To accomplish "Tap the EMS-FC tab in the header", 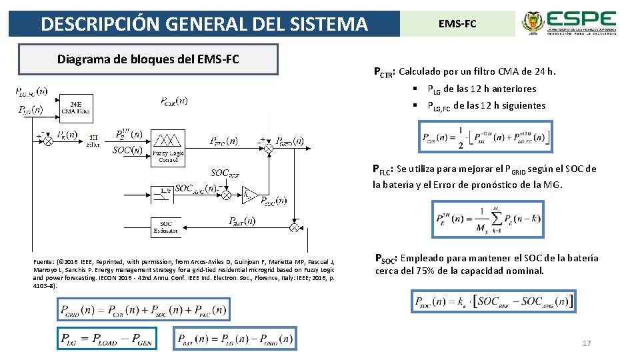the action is click(x=457, y=24).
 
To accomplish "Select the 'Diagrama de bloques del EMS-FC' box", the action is click(x=148, y=59).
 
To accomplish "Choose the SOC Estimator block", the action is click(x=167, y=227).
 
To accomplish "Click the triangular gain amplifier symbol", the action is click(x=250, y=194).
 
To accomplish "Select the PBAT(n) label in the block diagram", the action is click(x=241, y=221).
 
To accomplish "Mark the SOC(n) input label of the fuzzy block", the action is click(x=127, y=150).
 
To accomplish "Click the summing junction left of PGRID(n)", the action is click(x=268, y=148).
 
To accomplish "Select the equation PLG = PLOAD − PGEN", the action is click(x=111, y=339).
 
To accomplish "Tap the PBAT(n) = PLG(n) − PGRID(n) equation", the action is click(x=235, y=339).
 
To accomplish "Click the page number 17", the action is click(x=587, y=343).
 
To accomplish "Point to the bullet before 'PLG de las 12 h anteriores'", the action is click(x=415, y=89).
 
